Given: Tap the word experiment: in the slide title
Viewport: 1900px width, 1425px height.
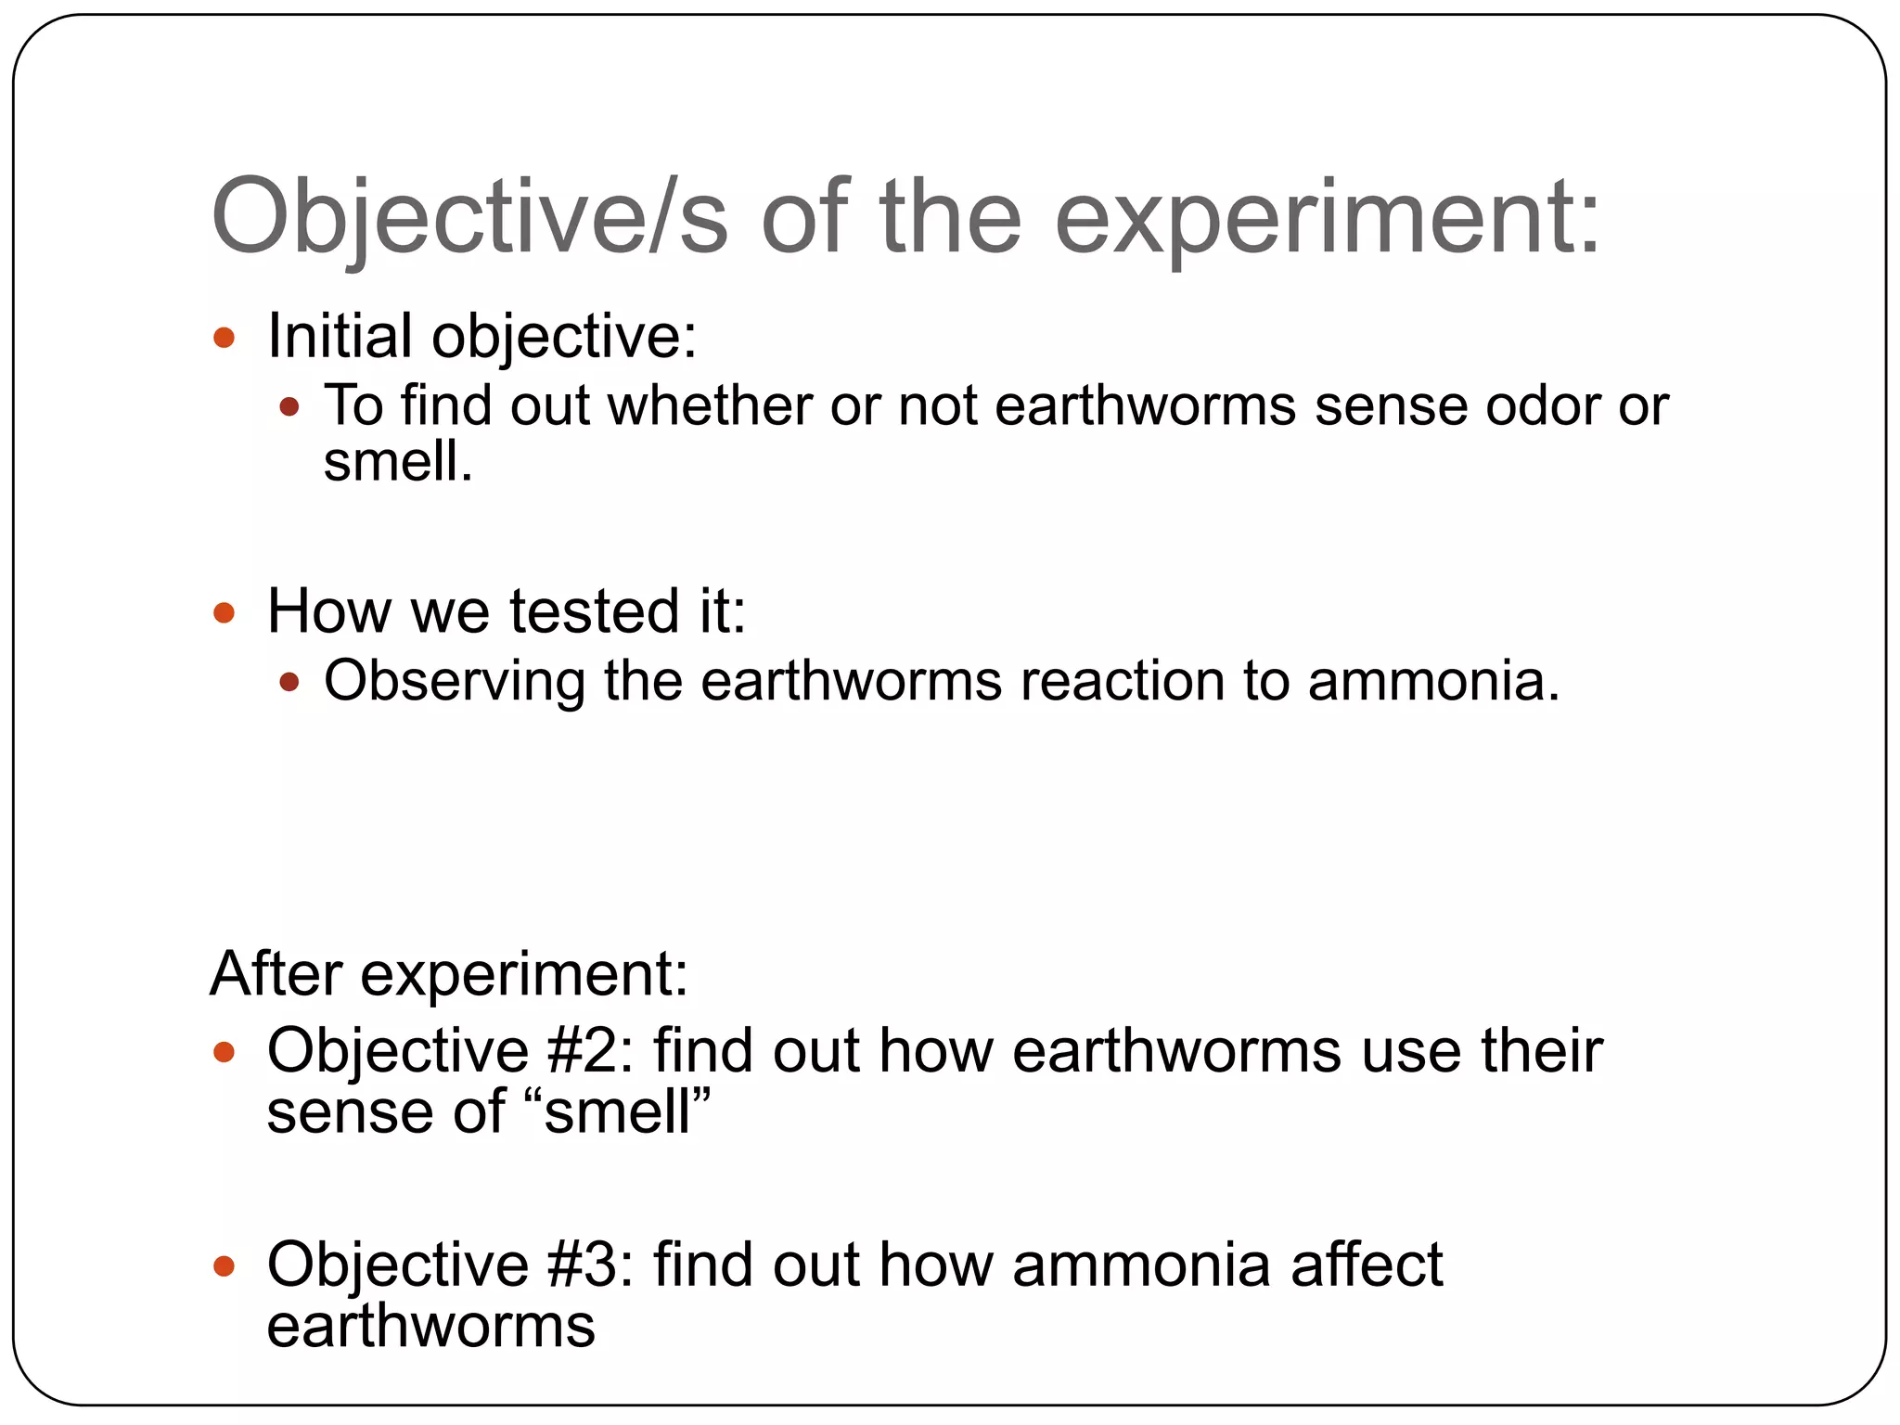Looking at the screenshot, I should click(1328, 216).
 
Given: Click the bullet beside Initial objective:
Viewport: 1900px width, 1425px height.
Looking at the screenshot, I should click(224, 337).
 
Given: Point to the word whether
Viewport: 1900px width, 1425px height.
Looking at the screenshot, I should click(709, 405).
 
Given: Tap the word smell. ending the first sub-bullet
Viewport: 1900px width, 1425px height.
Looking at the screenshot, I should click(397, 461).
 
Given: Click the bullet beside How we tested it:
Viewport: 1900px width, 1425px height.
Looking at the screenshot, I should click(224, 612).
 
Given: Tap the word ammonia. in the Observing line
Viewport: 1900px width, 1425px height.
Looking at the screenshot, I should click(1434, 681).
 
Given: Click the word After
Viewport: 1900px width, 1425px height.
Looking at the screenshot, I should click(276, 974).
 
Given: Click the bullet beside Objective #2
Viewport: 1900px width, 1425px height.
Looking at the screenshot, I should click(224, 1052).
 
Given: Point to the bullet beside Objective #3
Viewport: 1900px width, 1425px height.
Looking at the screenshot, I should click(224, 1265).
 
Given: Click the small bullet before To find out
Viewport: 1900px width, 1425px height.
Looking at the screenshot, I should click(289, 406).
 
